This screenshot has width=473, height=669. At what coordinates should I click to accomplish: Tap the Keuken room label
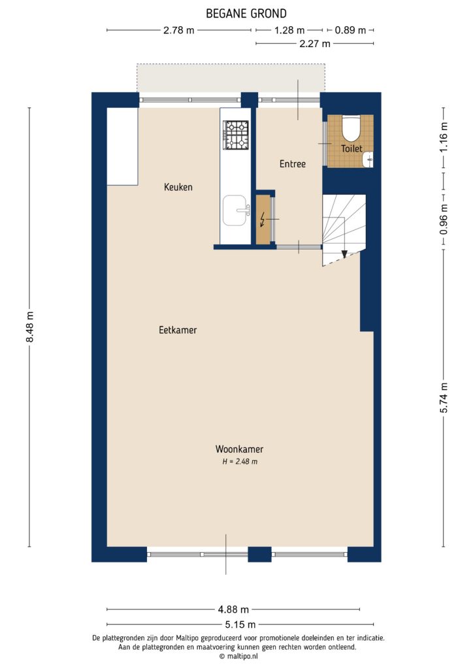(178, 188)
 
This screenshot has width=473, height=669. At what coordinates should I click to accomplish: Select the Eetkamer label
(178, 330)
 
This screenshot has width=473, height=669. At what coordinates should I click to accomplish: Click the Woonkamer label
(239, 449)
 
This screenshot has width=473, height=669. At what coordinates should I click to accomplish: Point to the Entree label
(292, 164)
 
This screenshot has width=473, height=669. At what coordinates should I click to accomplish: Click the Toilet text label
(351, 149)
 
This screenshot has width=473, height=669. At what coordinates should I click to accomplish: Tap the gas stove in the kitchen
(236, 134)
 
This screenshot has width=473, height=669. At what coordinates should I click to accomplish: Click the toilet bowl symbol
(351, 129)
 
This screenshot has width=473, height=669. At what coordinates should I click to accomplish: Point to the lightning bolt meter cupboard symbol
(263, 220)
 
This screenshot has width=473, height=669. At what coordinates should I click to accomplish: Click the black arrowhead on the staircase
(344, 254)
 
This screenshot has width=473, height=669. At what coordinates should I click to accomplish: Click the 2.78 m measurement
(178, 30)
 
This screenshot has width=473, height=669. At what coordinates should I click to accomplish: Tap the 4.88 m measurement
(233, 610)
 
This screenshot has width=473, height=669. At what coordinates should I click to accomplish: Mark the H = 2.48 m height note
(240, 462)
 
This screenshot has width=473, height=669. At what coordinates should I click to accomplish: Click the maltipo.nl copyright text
(239, 656)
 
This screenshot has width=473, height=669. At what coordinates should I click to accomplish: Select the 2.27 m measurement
(314, 44)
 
